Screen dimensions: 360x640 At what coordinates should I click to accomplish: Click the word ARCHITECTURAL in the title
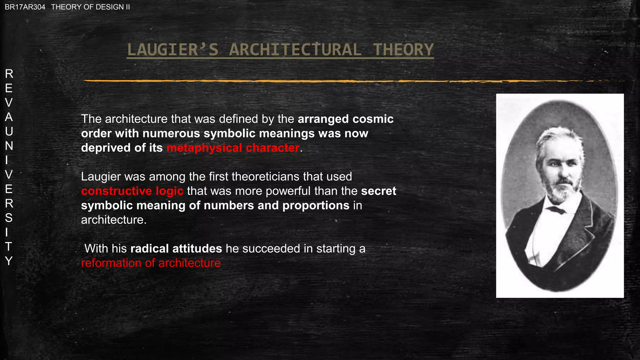point(295,50)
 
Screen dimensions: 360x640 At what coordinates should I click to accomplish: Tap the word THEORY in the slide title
point(403,50)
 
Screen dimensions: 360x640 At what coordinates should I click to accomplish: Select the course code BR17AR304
point(25,7)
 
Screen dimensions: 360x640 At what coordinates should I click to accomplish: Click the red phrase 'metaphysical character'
point(233,148)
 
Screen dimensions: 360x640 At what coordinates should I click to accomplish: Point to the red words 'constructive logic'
point(132,191)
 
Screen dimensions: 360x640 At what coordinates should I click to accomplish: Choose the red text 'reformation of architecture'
point(151,263)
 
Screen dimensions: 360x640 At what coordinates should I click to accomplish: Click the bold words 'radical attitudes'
point(176,249)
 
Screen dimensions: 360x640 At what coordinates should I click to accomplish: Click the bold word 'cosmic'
point(373,119)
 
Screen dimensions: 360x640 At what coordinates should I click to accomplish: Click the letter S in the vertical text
point(9,218)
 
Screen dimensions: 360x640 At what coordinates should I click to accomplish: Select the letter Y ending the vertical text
point(9,261)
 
